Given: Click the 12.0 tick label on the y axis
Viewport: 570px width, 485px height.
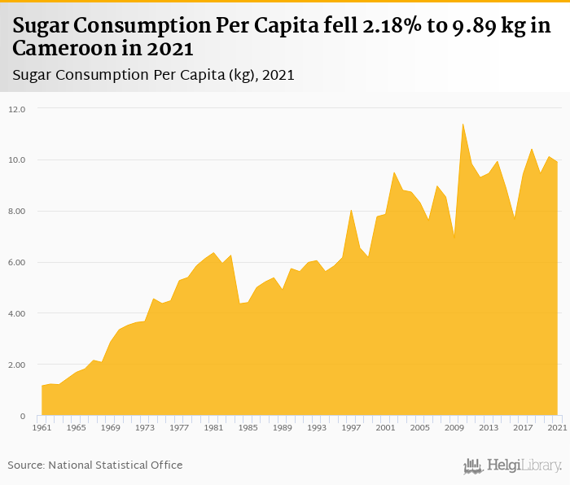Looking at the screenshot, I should [18, 109].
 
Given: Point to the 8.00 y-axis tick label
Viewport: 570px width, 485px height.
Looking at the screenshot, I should [18, 212].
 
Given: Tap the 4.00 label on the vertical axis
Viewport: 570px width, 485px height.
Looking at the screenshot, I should [18, 314].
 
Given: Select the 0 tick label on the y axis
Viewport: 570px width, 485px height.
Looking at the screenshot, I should [24, 417].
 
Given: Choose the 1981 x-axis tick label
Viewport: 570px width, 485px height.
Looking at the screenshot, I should [213, 428].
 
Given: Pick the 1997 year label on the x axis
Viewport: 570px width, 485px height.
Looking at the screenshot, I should [351, 428].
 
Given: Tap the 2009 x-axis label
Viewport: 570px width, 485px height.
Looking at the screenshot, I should [454, 428].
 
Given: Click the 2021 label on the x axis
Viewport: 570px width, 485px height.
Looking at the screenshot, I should [558, 428].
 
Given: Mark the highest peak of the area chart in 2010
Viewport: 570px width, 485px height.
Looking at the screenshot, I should [463, 124].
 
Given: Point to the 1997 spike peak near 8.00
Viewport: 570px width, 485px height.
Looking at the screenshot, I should [351, 210].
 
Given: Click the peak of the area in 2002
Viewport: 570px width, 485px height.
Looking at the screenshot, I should [394, 173].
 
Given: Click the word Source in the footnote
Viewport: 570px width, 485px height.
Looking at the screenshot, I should [26, 465].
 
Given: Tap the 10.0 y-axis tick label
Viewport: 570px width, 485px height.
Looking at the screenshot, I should [18, 160].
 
